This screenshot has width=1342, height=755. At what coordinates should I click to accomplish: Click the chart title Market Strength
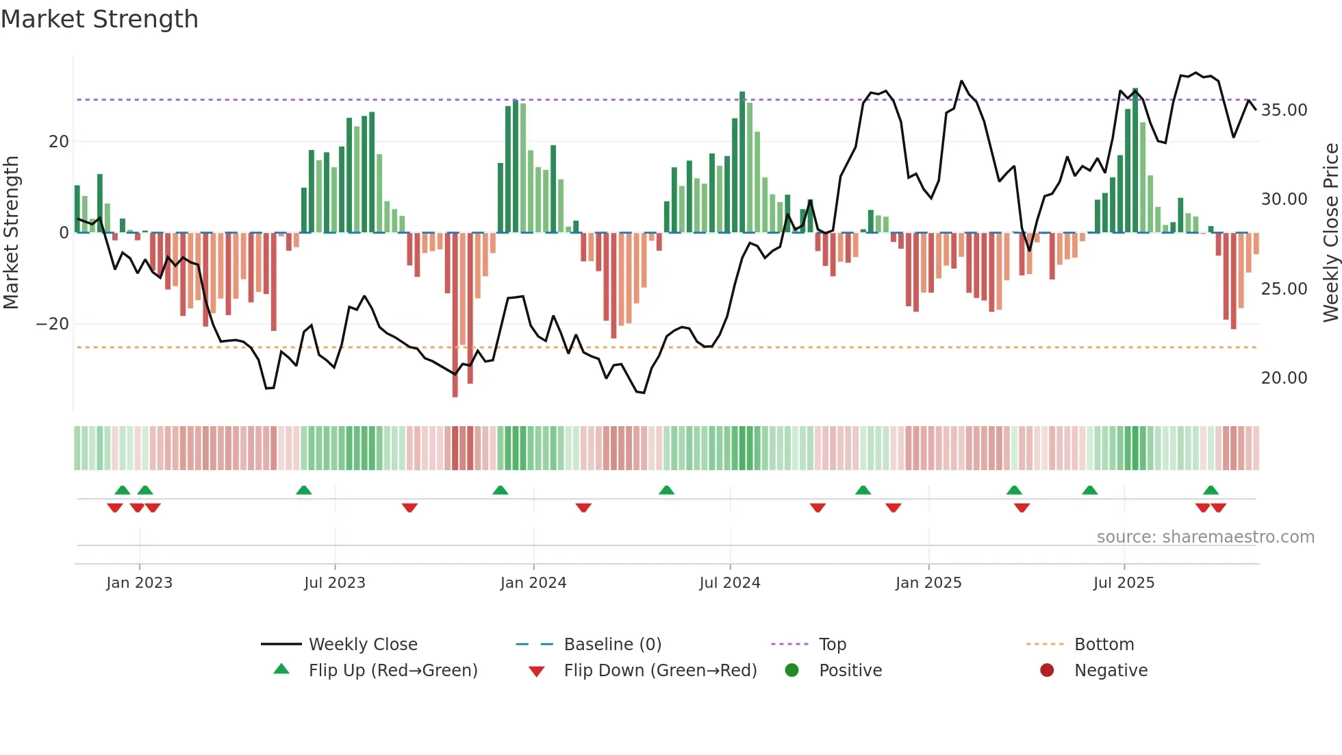coord(99,19)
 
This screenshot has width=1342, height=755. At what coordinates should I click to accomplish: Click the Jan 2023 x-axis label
coord(139,583)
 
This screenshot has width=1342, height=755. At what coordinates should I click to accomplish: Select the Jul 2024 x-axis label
coord(729,583)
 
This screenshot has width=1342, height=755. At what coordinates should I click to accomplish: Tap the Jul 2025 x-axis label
coord(1124,583)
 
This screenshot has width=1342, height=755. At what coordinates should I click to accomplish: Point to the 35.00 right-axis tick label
coord(1284,110)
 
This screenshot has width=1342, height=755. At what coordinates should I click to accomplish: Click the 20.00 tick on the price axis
coord(1284,378)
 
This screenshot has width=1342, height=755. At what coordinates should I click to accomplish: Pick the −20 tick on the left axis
coord(53,324)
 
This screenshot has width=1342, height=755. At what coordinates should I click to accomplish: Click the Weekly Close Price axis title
coord(1330,233)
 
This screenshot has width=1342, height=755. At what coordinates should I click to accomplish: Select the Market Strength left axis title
coord(11,233)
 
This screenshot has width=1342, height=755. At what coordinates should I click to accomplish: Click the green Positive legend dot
coord(792,671)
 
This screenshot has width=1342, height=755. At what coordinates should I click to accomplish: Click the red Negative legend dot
coord(1047,671)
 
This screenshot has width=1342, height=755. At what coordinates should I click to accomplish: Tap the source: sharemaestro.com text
coord(1205,537)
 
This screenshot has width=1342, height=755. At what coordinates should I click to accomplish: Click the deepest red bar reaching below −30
coord(455,315)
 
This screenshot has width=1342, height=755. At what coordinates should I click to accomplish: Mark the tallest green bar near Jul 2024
coord(742,162)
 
